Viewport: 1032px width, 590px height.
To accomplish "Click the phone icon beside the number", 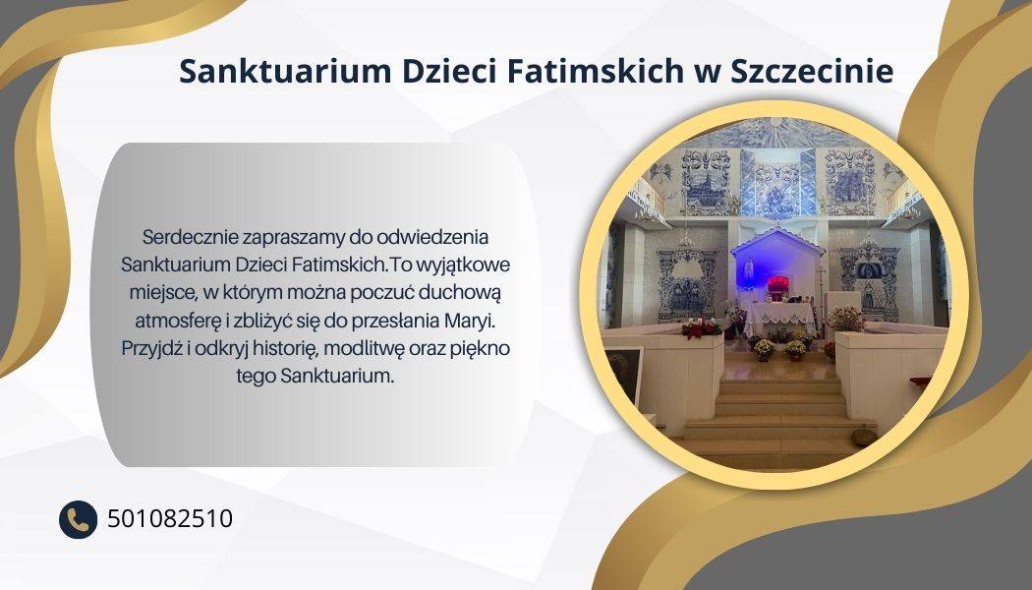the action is pos(79,519).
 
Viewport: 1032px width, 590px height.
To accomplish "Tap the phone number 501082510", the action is pos(170,519).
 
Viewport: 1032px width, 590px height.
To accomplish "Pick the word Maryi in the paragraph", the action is pos(469,322).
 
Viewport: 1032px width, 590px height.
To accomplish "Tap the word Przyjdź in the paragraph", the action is pos(150,349).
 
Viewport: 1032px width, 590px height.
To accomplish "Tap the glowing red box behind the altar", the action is pos(777,284).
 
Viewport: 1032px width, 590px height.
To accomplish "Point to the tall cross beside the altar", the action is pos(821,290).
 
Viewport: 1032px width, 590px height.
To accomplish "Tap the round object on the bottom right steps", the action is pos(863,436).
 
